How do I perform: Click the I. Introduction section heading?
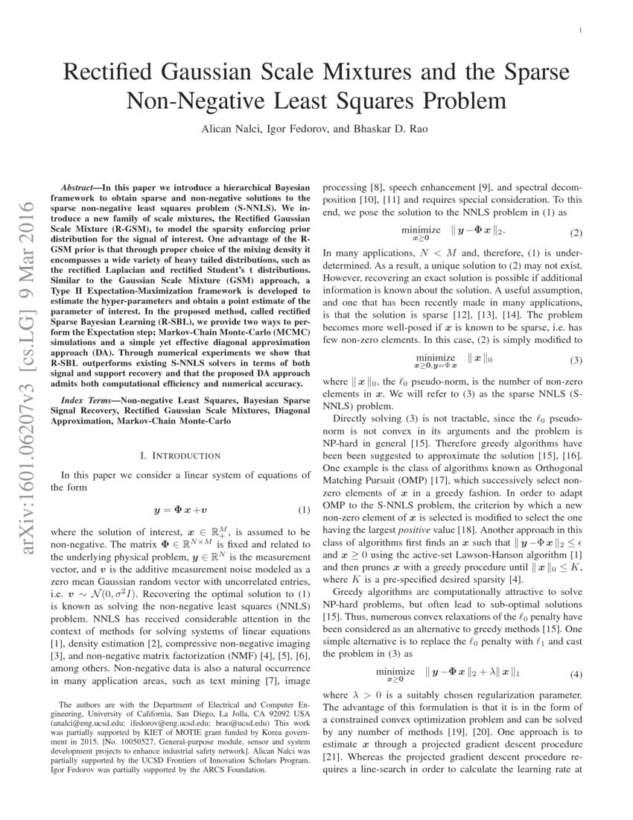click(x=179, y=455)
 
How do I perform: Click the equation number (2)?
click(x=576, y=233)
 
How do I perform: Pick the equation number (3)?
click(x=576, y=360)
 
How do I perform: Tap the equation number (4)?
click(x=576, y=675)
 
